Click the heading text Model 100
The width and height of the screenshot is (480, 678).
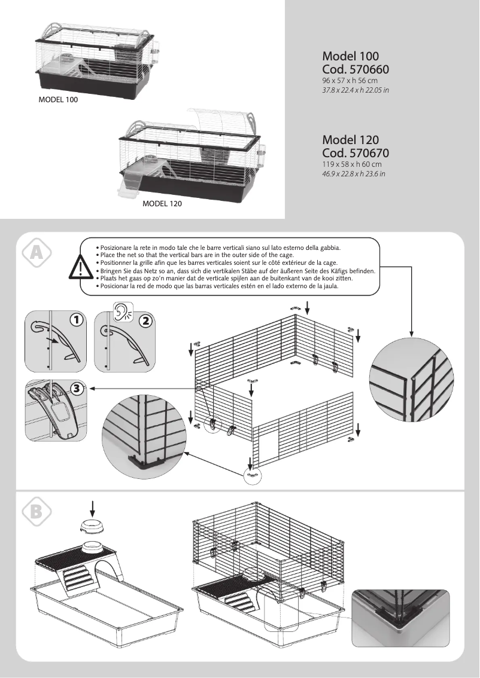350,57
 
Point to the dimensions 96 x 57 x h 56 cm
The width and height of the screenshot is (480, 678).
350,80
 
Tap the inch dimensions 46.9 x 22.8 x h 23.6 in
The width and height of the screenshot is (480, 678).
354,173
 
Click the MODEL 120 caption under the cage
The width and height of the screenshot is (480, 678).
162,204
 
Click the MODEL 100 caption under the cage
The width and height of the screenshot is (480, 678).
58,100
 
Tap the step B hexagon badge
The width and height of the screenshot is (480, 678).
37,512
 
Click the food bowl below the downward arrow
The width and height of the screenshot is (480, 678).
92,527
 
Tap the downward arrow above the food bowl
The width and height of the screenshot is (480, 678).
92,508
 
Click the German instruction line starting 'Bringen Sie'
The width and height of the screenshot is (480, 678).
236,271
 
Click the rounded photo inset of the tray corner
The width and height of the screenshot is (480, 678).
400,623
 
